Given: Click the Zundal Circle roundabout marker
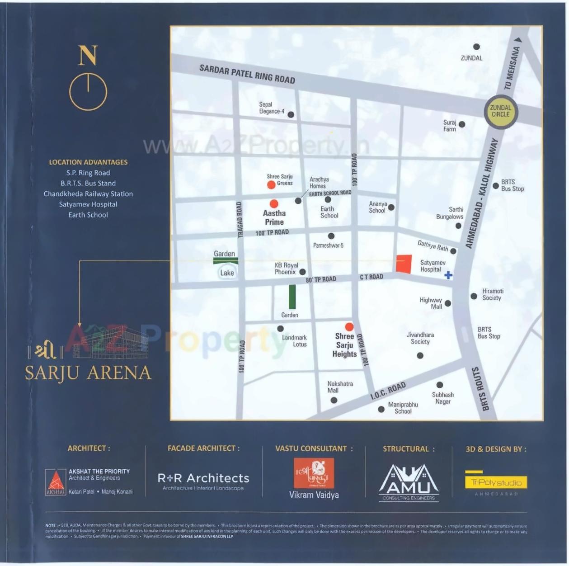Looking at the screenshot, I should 500,111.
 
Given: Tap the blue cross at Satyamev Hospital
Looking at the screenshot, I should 448,275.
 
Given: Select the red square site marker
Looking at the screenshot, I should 404,264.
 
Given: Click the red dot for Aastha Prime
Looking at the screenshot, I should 274,204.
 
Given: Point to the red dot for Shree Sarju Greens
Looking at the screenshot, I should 271,184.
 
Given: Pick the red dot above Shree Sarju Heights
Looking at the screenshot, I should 349,326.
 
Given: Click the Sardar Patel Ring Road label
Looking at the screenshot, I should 247,74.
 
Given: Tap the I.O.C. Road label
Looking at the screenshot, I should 388,391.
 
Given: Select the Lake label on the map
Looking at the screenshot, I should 227,273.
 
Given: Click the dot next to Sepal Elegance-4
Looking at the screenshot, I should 291,115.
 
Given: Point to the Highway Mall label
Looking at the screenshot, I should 431,303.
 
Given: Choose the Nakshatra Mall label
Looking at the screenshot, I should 339,387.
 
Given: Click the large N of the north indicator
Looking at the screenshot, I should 88,55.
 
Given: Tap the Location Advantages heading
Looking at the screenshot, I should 88,162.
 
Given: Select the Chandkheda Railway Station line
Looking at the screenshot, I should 88,193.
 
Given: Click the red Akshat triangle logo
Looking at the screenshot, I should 56,482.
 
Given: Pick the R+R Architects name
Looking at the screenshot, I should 203,478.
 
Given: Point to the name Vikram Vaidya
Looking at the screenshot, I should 314,495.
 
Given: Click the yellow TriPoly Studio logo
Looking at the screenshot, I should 496,482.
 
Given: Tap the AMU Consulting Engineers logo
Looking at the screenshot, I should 409,482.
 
